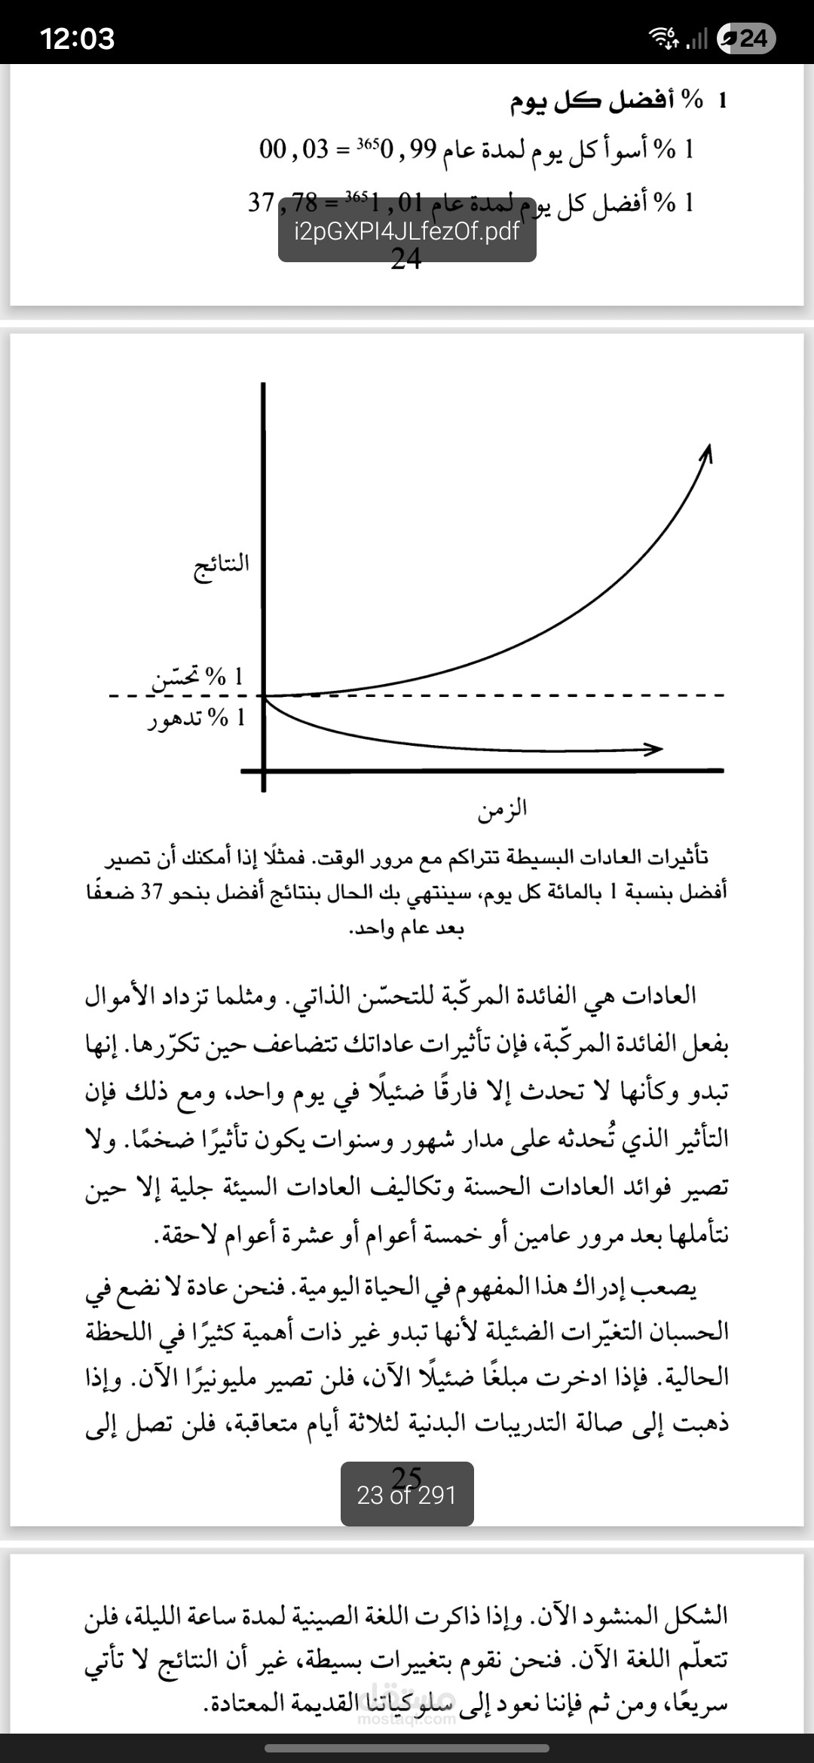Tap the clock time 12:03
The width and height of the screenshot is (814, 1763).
click(77, 38)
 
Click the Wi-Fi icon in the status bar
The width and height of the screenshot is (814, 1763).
click(663, 38)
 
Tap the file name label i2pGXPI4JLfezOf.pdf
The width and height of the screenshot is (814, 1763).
click(407, 231)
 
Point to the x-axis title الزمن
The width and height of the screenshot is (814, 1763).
click(502, 810)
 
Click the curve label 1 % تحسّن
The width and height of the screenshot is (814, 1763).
click(198, 677)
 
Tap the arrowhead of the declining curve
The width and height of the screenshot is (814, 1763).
click(653, 749)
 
